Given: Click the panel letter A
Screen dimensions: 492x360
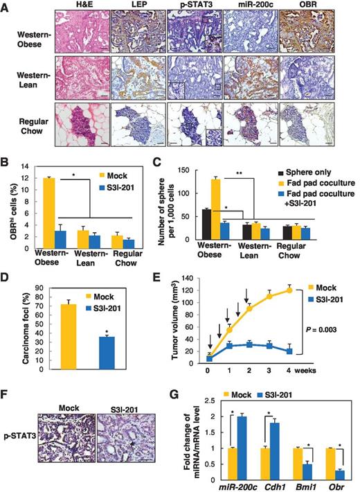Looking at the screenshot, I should click(x=7, y=8).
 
